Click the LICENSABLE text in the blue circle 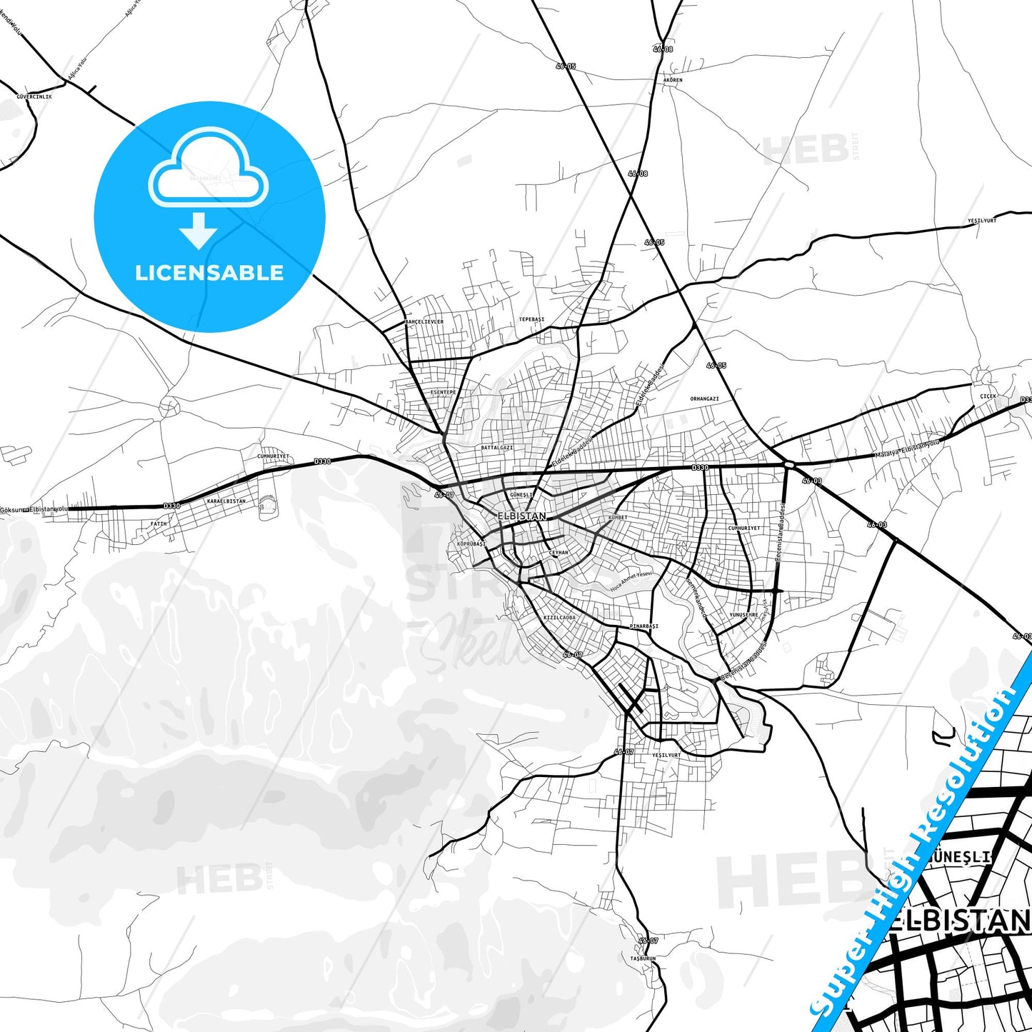209,273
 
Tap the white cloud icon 209,171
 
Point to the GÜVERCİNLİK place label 34,96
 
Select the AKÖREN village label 673,80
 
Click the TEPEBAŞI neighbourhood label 531,319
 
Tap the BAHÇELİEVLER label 424,322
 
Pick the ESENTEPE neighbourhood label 443,392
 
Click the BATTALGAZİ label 497,448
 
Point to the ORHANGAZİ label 704,399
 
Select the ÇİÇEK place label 988,396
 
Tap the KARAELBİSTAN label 226,501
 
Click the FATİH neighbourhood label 159,523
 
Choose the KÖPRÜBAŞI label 470,543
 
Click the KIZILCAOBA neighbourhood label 559,617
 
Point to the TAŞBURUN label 643,958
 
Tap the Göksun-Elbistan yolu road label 34,509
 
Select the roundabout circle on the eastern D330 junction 788,464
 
